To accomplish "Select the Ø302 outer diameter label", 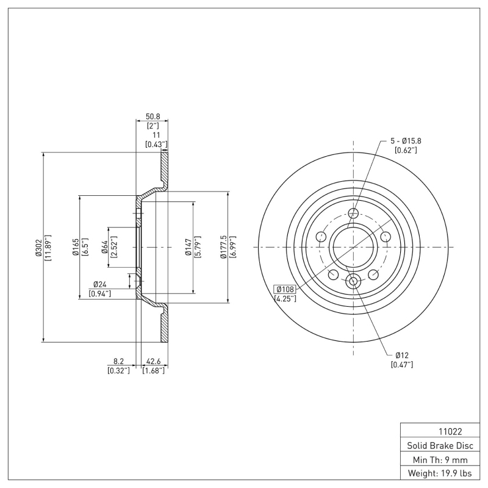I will (38, 247).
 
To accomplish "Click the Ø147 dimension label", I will (188, 247).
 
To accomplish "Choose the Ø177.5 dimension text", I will (223, 247).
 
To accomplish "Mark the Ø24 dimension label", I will (99, 284).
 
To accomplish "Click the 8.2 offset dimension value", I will (118, 361).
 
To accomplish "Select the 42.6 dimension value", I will (153, 361).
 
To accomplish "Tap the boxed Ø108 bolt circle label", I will (285, 289).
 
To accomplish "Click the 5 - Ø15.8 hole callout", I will (406, 140).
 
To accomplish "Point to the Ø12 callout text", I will (401, 355).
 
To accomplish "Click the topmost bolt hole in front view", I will (353, 213).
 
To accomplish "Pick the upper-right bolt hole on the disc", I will (386, 237).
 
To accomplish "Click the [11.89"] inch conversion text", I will (48, 247).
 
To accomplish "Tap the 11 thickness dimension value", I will (156, 134).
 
